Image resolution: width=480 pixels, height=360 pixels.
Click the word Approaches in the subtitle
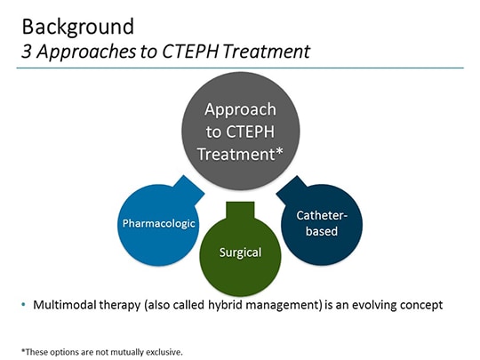tap(81, 52)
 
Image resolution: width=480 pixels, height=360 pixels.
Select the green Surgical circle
tap(240, 253)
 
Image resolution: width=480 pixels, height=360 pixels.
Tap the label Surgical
tap(240, 252)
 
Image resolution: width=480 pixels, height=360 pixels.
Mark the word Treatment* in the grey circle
tap(240, 154)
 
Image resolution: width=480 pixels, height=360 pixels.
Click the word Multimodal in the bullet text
tap(63, 305)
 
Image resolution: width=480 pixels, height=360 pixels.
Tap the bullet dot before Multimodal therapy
tap(23, 305)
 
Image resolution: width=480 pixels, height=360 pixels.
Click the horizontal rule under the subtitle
tap(240, 68)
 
